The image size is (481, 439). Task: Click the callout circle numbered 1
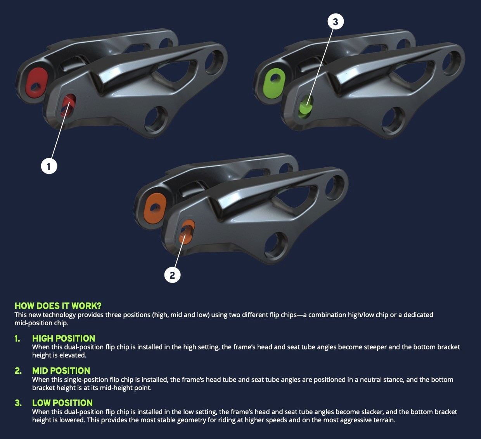click(49, 166)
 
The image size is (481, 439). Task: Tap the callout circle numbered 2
click(172, 275)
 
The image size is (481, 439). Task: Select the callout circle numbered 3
click(336, 22)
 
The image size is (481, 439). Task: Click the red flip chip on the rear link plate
click(36, 83)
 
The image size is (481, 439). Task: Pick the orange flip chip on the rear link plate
click(155, 208)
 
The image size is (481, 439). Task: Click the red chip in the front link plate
click(68, 105)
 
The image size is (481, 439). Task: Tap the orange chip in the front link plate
click(187, 232)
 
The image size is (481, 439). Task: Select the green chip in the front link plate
click(306, 107)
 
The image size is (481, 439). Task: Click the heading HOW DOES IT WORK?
click(58, 306)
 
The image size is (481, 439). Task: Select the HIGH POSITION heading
click(64, 338)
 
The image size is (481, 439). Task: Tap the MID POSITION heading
click(61, 371)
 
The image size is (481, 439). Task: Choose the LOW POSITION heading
click(62, 403)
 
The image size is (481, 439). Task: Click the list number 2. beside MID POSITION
click(18, 371)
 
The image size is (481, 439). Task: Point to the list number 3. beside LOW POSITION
click(18, 403)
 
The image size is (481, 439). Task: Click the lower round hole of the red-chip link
click(156, 118)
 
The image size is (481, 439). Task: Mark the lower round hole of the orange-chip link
click(276, 245)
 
